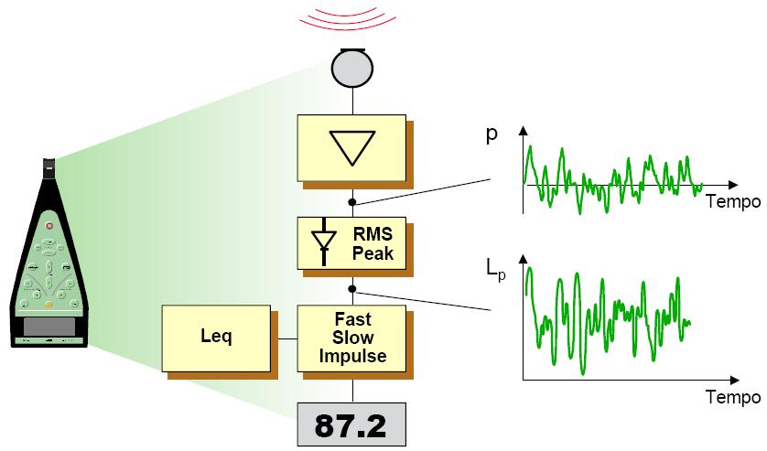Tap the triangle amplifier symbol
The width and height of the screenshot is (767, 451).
[x=351, y=145]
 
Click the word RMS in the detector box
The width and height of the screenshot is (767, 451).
[x=373, y=235]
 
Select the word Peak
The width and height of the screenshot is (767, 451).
[x=373, y=252]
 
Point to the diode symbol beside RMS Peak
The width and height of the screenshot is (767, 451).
[x=322, y=242]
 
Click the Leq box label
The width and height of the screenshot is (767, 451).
[x=217, y=337]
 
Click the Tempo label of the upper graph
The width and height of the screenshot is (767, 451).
[x=732, y=201]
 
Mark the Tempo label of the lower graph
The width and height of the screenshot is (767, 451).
[x=732, y=398]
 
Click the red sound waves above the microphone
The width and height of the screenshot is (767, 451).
[x=351, y=20]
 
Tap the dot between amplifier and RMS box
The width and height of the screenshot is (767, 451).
[x=352, y=200]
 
